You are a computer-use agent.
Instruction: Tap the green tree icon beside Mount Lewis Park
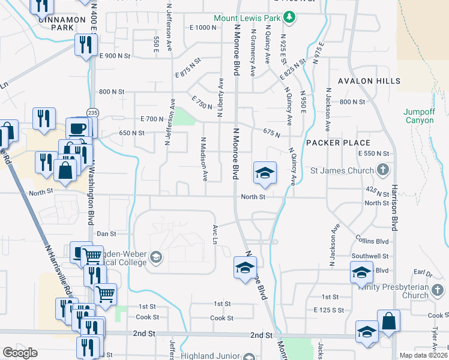point(290,18)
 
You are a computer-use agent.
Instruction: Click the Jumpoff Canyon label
point(418,116)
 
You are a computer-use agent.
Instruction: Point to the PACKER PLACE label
point(339,143)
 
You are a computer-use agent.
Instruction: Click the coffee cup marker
point(77,128)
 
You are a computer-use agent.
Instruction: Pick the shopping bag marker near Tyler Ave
point(388,321)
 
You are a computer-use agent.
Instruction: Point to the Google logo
point(20,353)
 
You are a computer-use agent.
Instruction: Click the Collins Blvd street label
point(376,241)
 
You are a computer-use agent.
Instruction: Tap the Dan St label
point(106,233)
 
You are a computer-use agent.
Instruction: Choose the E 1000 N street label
point(202,28)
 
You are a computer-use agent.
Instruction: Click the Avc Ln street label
point(214,234)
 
